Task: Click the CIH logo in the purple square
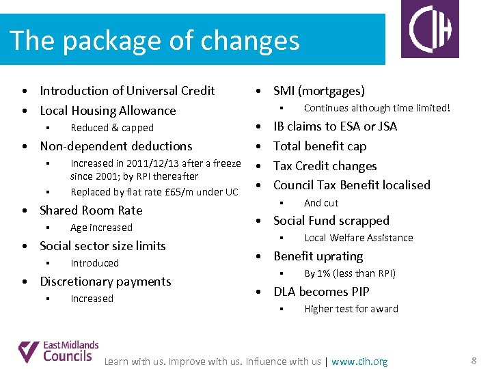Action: (430, 29)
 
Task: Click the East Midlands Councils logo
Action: (59, 351)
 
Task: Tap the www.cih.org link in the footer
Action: (359, 361)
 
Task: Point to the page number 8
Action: (474, 360)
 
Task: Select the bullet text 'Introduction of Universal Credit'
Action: (127, 91)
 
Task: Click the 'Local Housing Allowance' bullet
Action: (108, 111)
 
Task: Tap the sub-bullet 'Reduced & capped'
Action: (112, 128)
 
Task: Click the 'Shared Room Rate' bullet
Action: (91, 210)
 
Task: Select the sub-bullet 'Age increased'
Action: (101, 228)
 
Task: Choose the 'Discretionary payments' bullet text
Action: (105, 282)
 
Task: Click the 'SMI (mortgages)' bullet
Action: (319, 91)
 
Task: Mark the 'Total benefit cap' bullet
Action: (320, 146)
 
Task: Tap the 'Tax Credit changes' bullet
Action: (325, 166)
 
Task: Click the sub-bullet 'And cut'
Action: (321, 203)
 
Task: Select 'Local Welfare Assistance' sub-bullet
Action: (359, 238)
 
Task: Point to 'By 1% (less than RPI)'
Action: (350, 273)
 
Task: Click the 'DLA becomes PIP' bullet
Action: (321, 292)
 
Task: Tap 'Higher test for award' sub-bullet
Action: (351, 309)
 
